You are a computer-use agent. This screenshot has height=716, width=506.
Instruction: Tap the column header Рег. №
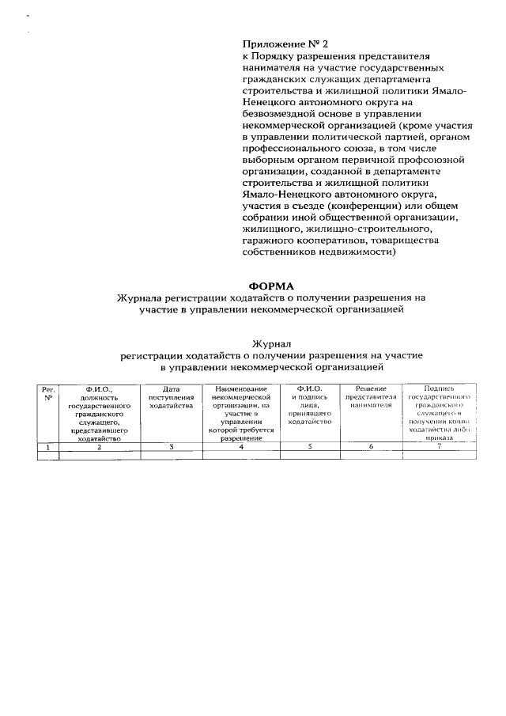[48, 393]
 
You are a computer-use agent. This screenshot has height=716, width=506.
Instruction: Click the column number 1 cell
[48, 447]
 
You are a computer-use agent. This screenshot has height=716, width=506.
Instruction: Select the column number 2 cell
[99, 447]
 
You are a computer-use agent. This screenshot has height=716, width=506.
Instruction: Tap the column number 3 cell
[171, 447]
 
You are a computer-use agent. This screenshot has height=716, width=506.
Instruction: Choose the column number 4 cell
[241, 447]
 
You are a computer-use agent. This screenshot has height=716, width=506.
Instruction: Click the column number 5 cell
[309, 447]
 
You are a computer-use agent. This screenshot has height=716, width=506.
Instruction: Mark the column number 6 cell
[370, 447]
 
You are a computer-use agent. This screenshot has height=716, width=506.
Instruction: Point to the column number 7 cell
[439, 447]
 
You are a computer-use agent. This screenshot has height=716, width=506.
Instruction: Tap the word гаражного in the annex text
[269, 241]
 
